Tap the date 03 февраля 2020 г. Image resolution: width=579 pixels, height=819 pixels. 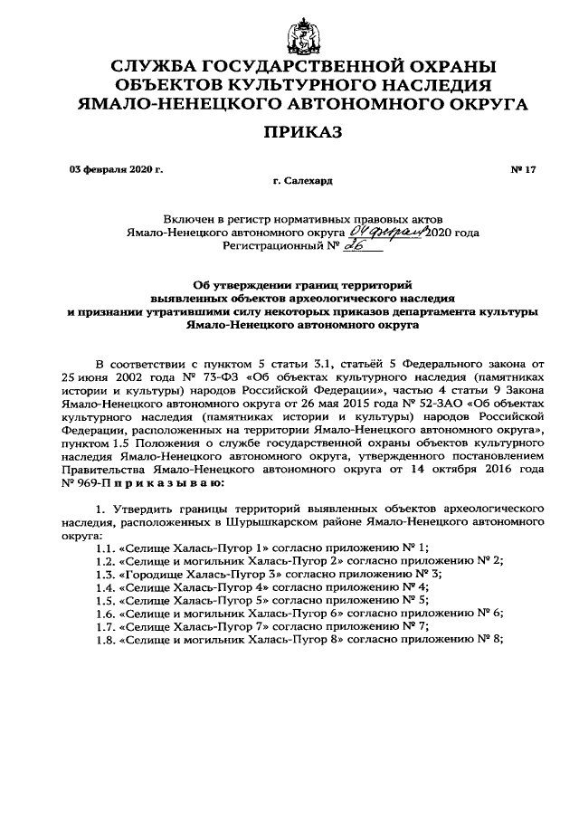pos(116,169)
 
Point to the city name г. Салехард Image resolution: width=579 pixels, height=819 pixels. pos(301,181)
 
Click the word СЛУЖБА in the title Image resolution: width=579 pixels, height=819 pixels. pos(160,67)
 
